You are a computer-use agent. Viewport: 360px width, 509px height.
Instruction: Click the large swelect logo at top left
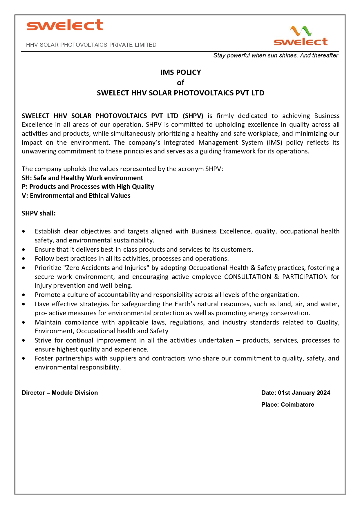65,25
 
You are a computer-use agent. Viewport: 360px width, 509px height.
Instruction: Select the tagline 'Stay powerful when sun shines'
276,55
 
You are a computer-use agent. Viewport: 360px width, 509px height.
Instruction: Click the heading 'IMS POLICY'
180,72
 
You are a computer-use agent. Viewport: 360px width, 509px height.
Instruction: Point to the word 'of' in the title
180,83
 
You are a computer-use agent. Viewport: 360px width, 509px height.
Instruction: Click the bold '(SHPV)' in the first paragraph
193,116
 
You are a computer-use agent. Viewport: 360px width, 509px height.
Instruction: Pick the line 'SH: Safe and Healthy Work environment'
82,178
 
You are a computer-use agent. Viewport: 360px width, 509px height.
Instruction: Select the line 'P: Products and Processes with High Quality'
88,186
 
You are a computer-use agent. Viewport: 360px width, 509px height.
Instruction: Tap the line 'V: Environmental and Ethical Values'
76,195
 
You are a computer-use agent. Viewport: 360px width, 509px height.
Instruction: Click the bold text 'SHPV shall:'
39,213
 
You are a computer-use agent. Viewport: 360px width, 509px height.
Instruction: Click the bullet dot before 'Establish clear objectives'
23,231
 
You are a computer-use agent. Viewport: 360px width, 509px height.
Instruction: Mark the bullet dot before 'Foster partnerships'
23,358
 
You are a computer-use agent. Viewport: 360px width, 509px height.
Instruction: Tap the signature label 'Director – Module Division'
60,393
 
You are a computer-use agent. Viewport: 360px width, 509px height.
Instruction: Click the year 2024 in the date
323,393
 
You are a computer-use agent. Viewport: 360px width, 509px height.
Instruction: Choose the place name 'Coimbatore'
297,405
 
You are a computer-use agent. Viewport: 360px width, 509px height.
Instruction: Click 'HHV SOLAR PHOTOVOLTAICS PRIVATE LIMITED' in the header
91,45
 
